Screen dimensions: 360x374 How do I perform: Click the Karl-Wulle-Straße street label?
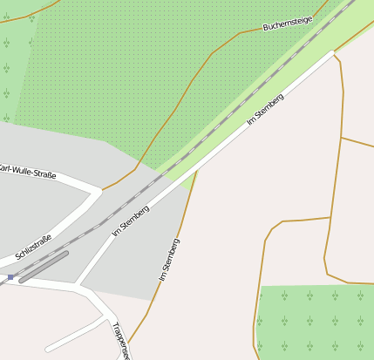point(29,172)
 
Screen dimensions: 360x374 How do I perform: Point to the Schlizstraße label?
point(33,248)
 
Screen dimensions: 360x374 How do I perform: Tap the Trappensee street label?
point(119,341)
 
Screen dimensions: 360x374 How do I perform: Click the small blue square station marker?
point(10,277)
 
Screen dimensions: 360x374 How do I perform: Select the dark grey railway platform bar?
point(44,267)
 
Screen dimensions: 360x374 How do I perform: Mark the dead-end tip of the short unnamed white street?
point(48,349)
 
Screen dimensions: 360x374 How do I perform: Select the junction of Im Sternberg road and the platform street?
point(78,284)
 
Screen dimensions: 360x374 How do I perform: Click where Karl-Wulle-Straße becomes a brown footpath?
point(103,189)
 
